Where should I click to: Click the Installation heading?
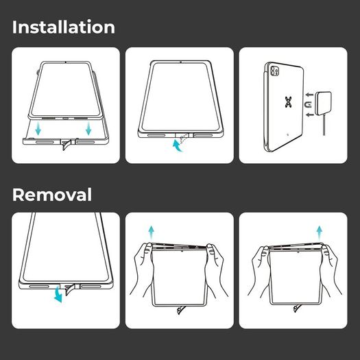pyautogui.click(x=64, y=27)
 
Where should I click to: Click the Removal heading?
pyautogui.click(x=52, y=195)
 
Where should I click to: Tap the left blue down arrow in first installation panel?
pyautogui.click(x=38, y=128)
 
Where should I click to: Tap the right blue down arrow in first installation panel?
pyautogui.click(x=88, y=128)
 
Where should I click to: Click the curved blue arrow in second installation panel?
pyautogui.click(x=177, y=147)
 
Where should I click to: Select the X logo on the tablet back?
pyautogui.click(x=289, y=102)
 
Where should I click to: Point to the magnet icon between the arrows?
pyautogui.click(x=308, y=105)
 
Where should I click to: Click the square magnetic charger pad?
pyautogui.click(x=324, y=104)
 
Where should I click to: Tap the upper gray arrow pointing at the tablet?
pyautogui.click(x=309, y=95)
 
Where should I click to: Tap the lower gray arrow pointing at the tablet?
pyautogui.click(x=310, y=115)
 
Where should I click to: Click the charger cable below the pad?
pyautogui.click(x=324, y=125)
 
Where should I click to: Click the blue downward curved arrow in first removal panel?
pyautogui.click(x=58, y=296)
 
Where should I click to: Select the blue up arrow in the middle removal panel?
pyautogui.click(x=151, y=233)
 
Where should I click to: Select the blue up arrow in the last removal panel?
pyautogui.click(x=320, y=233)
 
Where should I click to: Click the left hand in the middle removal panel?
pyautogui.click(x=142, y=269)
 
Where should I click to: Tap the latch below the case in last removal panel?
pyautogui.click(x=297, y=309)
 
